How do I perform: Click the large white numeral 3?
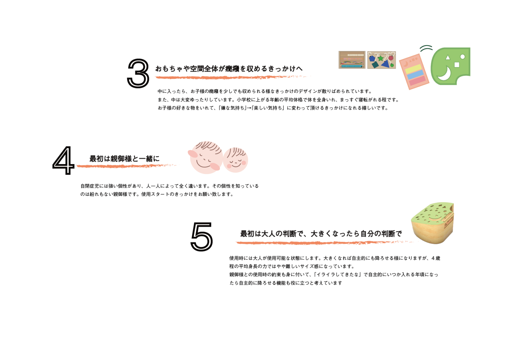138,74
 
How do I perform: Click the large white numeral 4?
63,160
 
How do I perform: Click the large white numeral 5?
202,236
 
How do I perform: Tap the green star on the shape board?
381,59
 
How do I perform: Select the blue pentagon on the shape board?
372,59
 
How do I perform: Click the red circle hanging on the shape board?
391,58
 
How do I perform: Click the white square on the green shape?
457,65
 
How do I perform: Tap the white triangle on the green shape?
447,58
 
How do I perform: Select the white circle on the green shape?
463,57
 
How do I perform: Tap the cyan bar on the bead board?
351,66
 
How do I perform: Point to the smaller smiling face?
236,160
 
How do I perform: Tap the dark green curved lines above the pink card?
426,48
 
